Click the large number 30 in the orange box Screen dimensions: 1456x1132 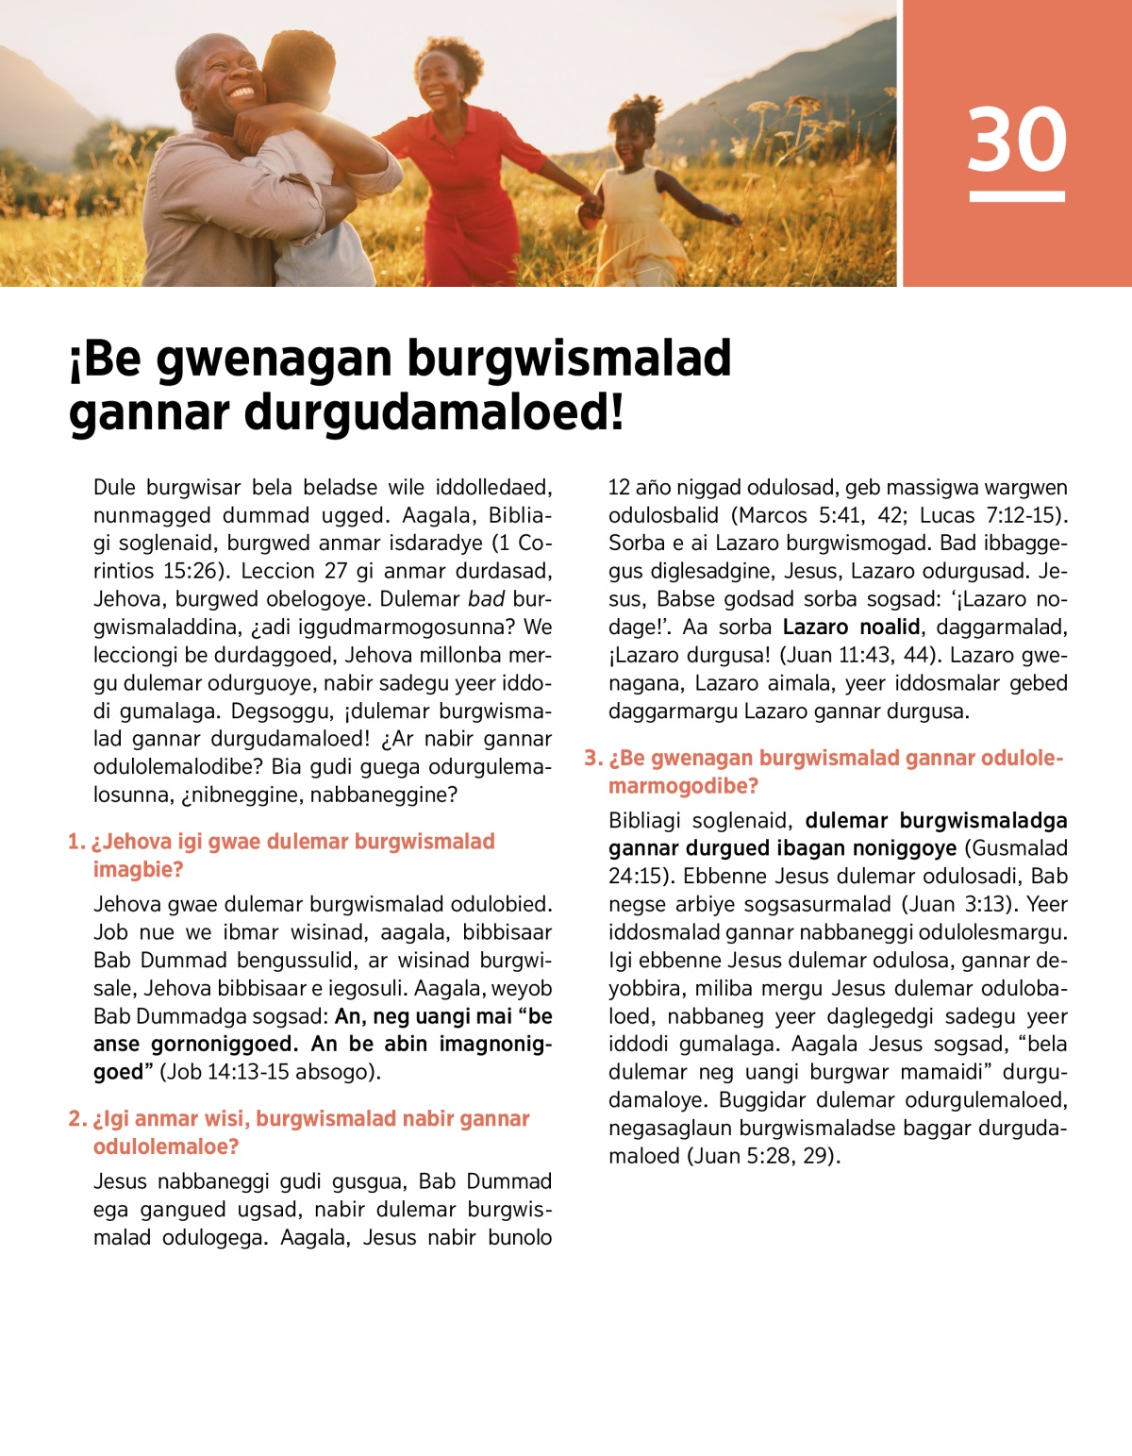tap(1017, 139)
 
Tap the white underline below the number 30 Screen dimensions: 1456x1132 tap(1017, 196)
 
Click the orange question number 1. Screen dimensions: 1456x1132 tap(75, 842)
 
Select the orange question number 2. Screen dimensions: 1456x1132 tap(76, 1119)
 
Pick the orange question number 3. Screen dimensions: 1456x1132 tap(592, 759)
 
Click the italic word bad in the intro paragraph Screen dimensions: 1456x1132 tap(486, 599)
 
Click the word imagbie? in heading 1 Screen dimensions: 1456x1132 tap(138, 869)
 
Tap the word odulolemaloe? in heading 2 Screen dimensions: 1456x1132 tap(166, 1146)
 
